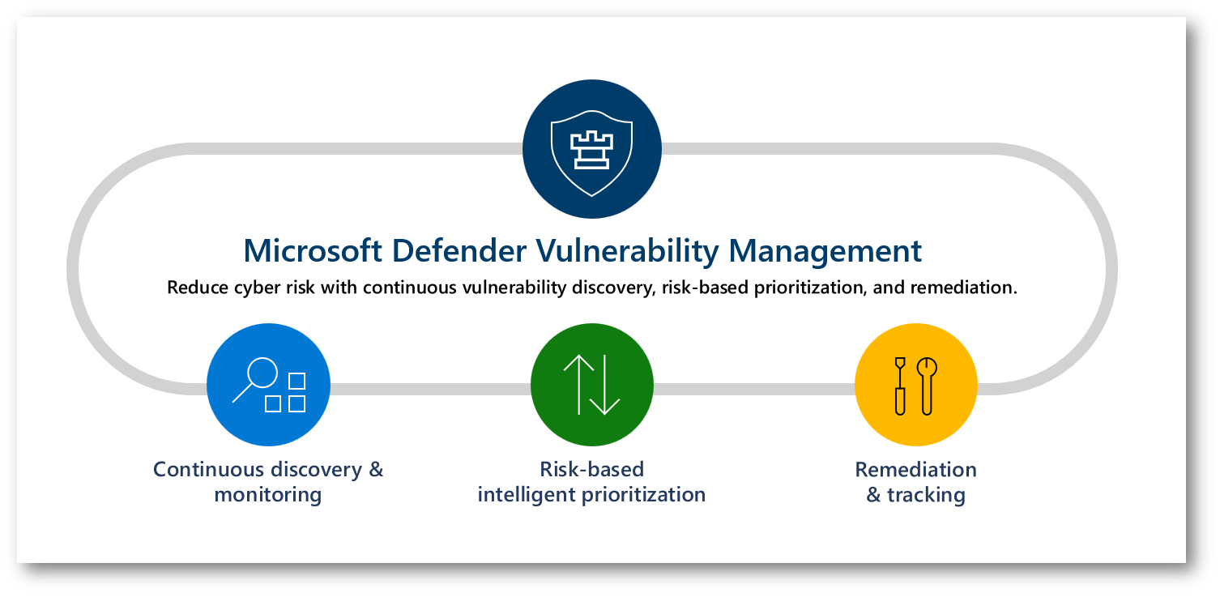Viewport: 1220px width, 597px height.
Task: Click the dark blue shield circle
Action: click(592, 149)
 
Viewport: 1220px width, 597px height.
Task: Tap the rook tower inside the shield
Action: click(591, 150)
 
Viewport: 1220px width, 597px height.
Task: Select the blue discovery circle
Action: click(268, 385)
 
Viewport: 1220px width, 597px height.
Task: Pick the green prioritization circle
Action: click(592, 385)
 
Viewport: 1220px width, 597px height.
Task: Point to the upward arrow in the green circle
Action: click(578, 385)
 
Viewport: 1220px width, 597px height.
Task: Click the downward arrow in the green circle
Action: click(605, 385)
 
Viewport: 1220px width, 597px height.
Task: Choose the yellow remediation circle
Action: click(916, 385)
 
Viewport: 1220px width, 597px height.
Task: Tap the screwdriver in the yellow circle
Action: click(900, 386)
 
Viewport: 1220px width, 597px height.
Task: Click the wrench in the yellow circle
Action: click(927, 386)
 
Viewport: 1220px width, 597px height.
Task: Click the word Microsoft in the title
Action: click(313, 251)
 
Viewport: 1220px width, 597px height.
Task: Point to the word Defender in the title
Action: click(459, 251)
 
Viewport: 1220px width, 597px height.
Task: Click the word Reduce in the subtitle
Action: click(197, 287)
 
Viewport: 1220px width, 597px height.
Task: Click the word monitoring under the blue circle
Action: click(268, 495)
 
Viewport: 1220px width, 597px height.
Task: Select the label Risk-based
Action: click(592, 469)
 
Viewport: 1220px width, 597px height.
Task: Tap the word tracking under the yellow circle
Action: click(927, 495)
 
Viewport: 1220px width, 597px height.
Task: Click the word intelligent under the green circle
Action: click(526, 495)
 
